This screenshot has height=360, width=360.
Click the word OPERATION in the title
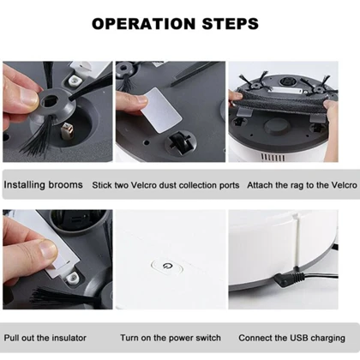143,24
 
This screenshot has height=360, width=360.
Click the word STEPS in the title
231,24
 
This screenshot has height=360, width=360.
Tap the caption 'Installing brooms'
43,185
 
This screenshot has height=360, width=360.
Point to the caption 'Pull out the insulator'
45,338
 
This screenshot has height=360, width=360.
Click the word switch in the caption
207,338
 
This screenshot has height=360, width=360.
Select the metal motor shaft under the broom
66,131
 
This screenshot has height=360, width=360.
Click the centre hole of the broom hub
51,100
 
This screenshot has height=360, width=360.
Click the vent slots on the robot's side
273,158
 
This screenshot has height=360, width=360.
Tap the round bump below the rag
277,126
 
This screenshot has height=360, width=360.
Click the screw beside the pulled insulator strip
71,278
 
